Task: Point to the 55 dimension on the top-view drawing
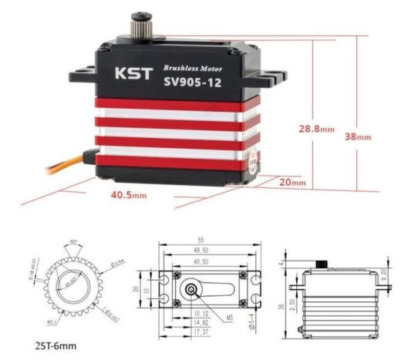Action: coord(203,241)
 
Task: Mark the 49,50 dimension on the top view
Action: coord(203,251)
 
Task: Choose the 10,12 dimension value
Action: coord(201,314)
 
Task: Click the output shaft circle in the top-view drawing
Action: coord(190,290)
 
